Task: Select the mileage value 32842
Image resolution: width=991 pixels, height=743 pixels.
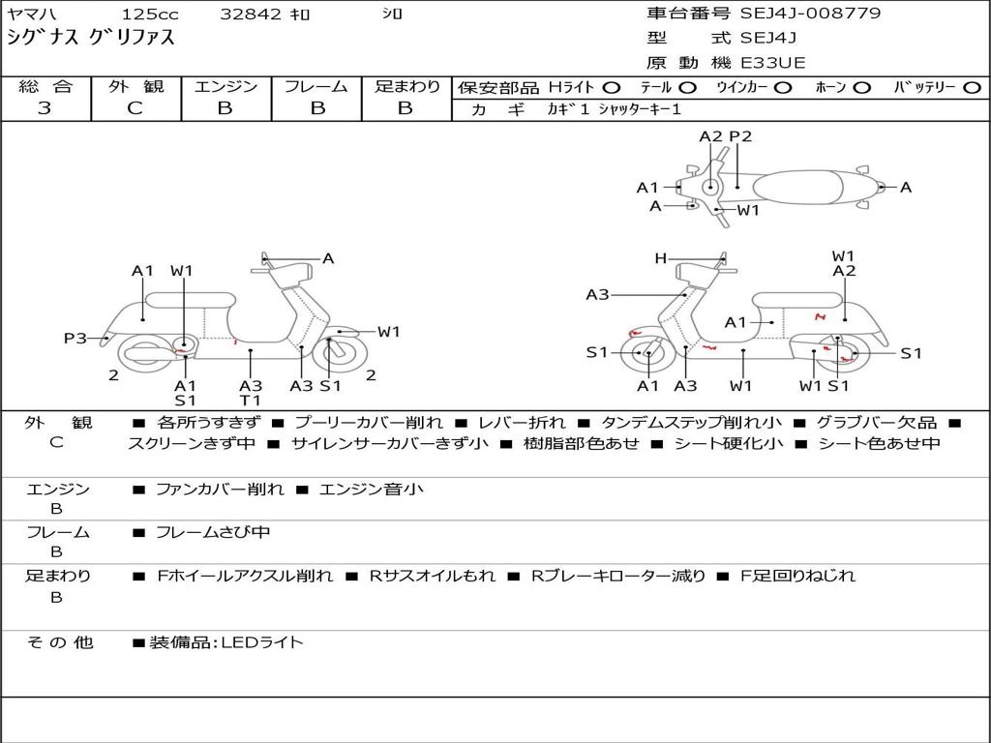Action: [251, 15]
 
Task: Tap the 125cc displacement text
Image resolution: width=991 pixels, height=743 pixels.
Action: [149, 15]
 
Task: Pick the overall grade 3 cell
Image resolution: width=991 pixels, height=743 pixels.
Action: [45, 108]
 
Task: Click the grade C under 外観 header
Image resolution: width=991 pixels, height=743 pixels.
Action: [135, 108]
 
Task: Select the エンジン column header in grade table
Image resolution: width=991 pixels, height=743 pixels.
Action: [225, 86]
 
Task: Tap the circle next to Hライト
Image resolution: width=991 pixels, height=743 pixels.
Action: [612, 87]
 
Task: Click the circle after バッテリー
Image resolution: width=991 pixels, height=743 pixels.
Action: [972, 87]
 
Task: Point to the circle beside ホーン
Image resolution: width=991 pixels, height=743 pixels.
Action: [861, 87]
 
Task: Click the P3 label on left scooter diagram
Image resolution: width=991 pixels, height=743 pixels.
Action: [75, 338]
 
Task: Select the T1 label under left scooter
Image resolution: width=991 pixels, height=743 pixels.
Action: [251, 401]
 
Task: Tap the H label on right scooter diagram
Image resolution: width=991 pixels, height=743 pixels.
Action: [660, 258]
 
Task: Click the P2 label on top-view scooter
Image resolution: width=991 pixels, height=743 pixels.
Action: [740, 136]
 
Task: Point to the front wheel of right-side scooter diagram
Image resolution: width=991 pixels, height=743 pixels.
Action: [647, 355]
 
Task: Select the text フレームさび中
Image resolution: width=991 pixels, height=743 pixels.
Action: [213, 532]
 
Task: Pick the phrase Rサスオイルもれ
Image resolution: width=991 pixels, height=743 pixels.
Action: [432, 576]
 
